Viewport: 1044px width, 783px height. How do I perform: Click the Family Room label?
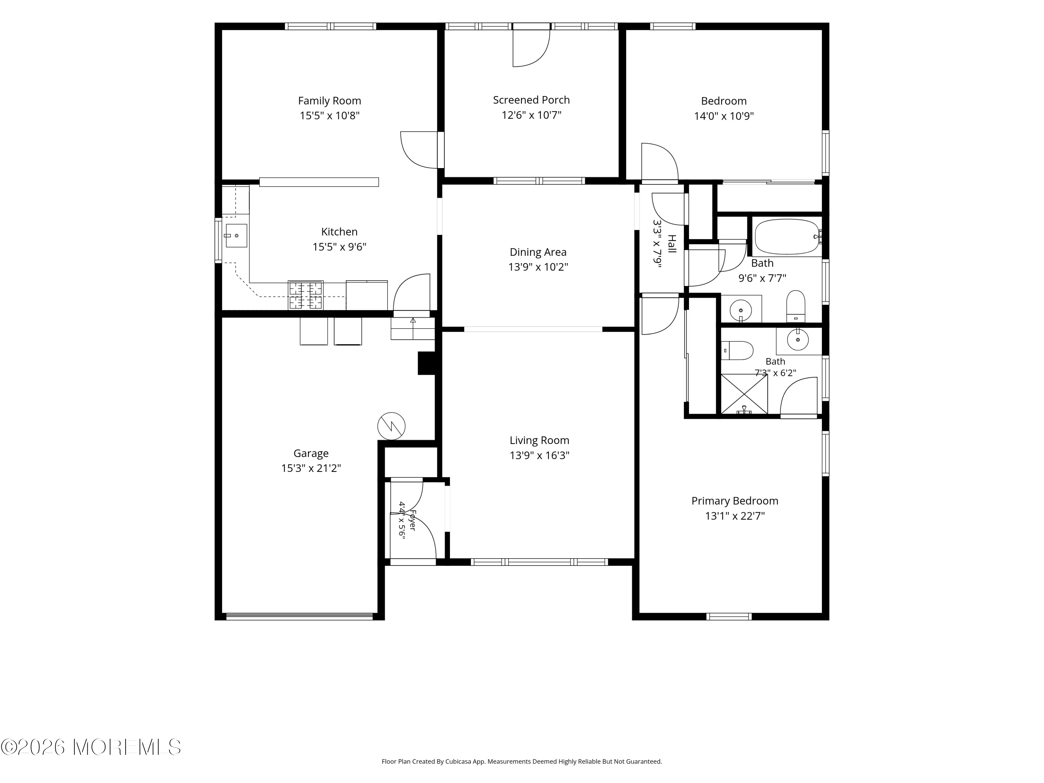pos(330,101)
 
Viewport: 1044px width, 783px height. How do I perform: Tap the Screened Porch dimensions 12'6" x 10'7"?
pos(531,115)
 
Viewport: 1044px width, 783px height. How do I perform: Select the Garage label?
pos(311,453)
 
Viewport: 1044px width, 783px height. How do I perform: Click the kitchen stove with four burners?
pos(306,295)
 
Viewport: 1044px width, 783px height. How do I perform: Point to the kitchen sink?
pos(236,236)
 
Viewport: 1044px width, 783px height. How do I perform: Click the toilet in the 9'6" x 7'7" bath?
pos(796,306)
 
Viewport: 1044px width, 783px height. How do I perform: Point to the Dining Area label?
pos(538,252)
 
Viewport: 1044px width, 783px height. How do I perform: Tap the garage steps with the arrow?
pos(412,329)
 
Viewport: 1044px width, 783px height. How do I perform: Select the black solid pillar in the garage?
pos(427,363)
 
